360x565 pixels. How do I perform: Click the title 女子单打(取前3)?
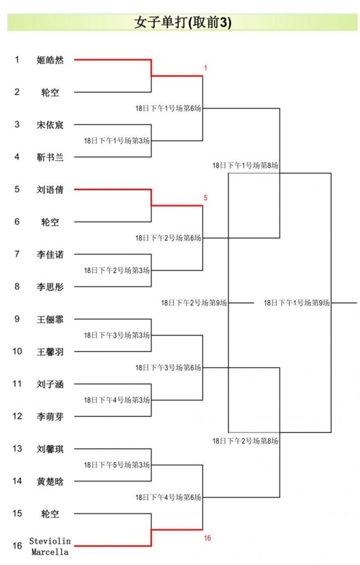[x=183, y=22]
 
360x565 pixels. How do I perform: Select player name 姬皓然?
[x=50, y=60]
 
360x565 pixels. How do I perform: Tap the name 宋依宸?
[x=50, y=125]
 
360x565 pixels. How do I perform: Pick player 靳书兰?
[x=50, y=157]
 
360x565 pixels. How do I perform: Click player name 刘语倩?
[x=50, y=190]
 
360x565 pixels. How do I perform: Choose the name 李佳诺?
[x=50, y=254]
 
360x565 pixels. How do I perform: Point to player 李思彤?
[x=50, y=287]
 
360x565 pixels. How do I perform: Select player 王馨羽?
[x=50, y=351]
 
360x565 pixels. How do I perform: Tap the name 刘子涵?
[x=50, y=384]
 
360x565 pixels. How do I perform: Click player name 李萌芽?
[x=50, y=416]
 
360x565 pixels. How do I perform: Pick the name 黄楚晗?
[x=50, y=481]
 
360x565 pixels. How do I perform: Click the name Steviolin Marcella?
[x=50, y=546]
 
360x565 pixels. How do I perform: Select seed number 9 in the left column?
[x=17, y=319]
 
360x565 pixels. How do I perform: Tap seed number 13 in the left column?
[x=17, y=449]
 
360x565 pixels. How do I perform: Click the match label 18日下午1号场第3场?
[x=116, y=141]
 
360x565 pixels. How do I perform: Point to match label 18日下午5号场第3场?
[x=116, y=465]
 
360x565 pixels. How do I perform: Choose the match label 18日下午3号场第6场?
[x=168, y=368]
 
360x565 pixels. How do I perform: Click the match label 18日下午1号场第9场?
[x=297, y=303]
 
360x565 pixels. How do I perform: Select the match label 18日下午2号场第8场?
[x=245, y=441]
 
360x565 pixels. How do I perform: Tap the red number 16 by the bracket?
[x=207, y=538]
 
